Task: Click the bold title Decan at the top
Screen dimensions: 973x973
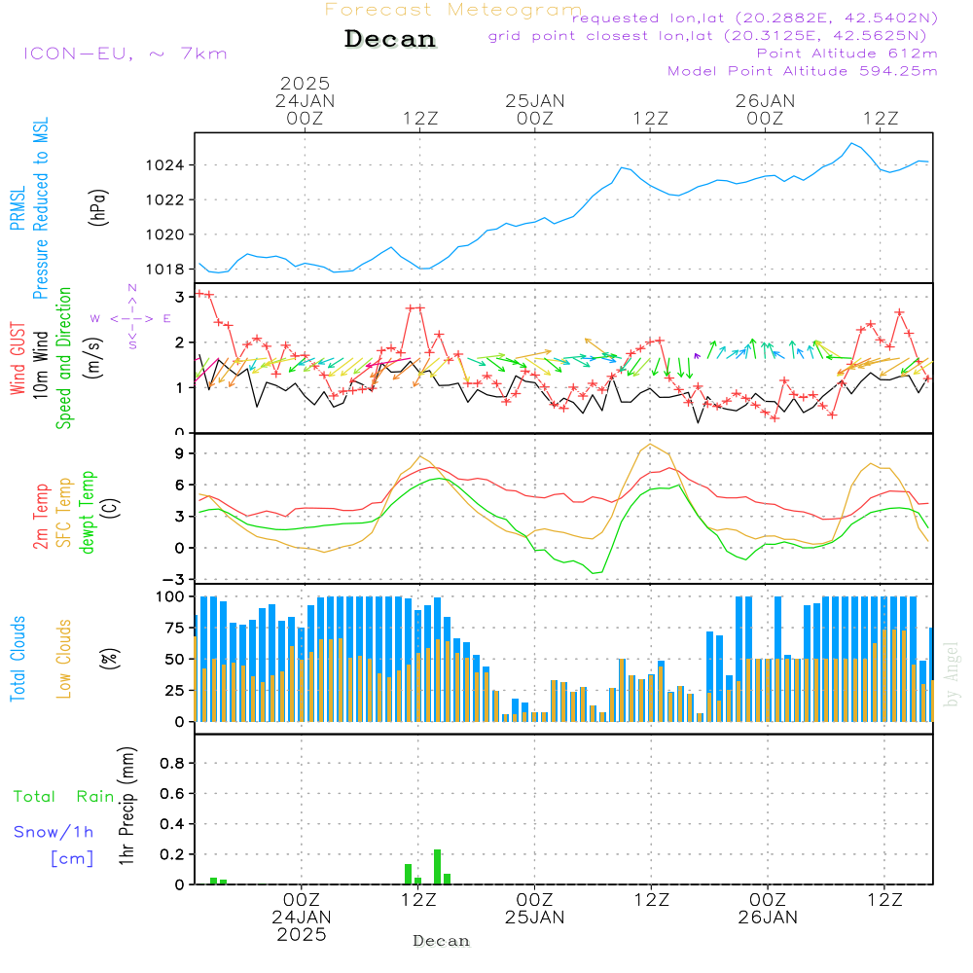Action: coord(390,39)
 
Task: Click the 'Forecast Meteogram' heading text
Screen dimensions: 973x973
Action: coord(453,10)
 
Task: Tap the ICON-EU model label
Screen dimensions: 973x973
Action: coord(125,54)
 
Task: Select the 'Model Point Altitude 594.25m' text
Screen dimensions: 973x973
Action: coord(802,71)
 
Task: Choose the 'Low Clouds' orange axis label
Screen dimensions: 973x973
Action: coord(64,658)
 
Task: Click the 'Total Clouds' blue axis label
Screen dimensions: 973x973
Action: coord(18,658)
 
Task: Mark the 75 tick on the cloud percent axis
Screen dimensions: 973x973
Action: coord(175,628)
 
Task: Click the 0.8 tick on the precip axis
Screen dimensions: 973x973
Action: coord(172,764)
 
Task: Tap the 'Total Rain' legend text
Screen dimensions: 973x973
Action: coord(64,797)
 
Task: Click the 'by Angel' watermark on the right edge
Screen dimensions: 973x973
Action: coord(952,675)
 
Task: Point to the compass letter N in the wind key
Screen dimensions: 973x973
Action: coord(132,288)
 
